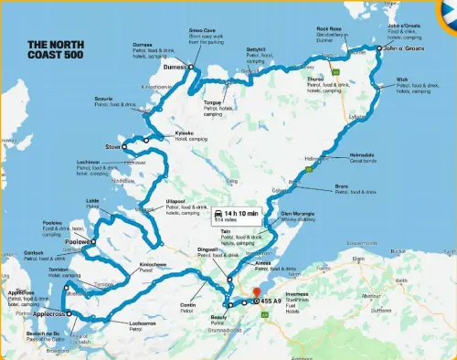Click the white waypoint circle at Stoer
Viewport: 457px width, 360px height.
pos(124,143)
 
